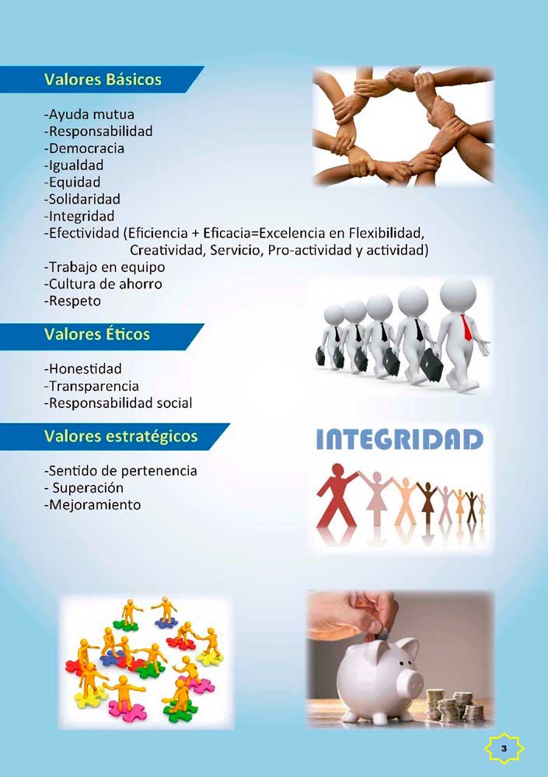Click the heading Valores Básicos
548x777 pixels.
pyautogui.click(x=103, y=79)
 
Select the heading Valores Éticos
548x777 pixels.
pyautogui.click(x=96, y=334)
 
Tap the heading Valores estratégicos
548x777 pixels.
pyautogui.click(x=120, y=437)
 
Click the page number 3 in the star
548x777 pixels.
pyautogui.click(x=504, y=748)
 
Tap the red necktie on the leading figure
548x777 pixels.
pyautogui.click(x=466, y=328)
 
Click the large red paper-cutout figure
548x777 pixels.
pyautogui.click(x=337, y=496)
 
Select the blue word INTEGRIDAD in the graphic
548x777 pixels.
pyautogui.click(x=400, y=440)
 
